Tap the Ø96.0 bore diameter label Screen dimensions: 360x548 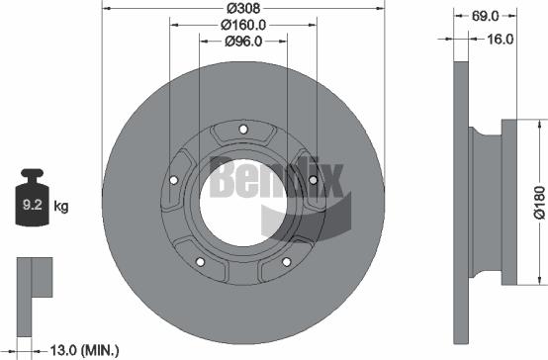click(242, 41)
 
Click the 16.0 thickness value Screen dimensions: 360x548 click(501, 40)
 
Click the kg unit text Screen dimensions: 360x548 click(60, 207)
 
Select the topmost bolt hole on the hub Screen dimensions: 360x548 click(243, 127)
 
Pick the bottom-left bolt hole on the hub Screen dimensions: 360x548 click(200, 262)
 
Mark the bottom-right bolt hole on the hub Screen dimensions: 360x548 click(287, 262)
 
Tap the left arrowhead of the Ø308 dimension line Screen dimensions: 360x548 click(106, 9)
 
